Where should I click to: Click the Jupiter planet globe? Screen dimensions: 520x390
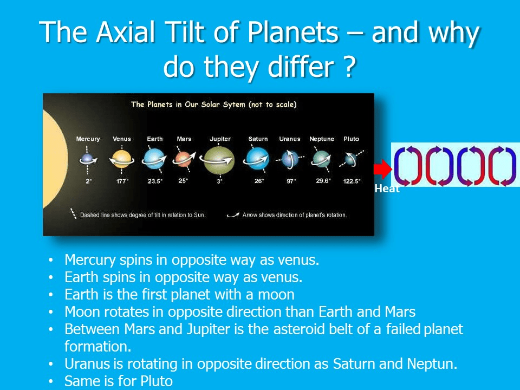(x=219, y=160)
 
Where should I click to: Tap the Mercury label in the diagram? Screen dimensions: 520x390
(x=88, y=139)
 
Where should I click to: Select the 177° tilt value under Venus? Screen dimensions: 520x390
(x=122, y=181)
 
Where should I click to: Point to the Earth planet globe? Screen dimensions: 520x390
(x=154, y=159)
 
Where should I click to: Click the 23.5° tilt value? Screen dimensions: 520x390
(x=155, y=181)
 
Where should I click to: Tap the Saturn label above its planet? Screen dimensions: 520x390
(x=258, y=139)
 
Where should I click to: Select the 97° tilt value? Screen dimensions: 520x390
(x=291, y=181)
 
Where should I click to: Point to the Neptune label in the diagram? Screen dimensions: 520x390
(x=322, y=139)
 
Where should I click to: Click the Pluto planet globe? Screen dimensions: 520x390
(x=350, y=159)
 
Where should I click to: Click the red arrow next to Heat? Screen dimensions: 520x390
(x=383, y=169)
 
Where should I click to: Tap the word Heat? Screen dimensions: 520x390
(x=387, y=188)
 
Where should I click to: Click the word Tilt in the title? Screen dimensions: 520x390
(x=184, y=32)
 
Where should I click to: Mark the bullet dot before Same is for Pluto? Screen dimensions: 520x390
(x=50, y=381)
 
